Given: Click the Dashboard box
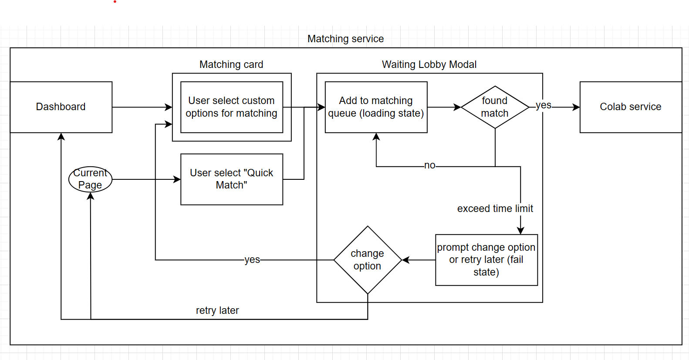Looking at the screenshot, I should pos(61,107).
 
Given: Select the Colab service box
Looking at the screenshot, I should pos(630,107).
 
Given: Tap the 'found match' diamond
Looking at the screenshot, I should pos(495,107).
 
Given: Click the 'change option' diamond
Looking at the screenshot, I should pos(368,260).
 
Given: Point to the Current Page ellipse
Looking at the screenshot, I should pos(90,179).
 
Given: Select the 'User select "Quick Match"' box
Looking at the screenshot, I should pos(232,179).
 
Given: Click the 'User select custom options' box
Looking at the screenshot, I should pos(232,107).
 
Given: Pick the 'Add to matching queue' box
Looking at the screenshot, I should pos(376,107).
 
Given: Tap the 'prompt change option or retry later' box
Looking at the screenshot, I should pos(486,260).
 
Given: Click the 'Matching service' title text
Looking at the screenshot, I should pos(345,39).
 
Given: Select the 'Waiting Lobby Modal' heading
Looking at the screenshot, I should pos(429,64).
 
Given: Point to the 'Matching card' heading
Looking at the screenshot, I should pos(231,64).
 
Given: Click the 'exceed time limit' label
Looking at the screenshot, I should pos(495,209).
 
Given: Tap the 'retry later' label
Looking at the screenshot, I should pos(217,310).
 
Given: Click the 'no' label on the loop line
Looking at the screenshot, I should pos(429,165).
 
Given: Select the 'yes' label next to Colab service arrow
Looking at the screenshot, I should pos(543,105).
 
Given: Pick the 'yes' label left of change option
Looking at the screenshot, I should pos(252,259).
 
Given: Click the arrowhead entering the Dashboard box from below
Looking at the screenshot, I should pos(61,136).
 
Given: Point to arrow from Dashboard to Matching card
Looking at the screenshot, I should pos(142,107).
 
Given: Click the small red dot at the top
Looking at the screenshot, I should pos(115,2).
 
